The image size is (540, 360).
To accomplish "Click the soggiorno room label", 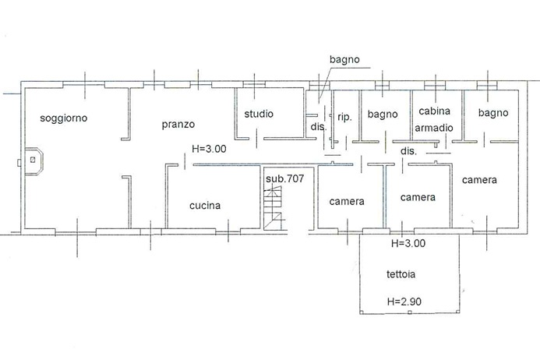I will click(65, 118).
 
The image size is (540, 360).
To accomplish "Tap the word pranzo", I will click(178, 124).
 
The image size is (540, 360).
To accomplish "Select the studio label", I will click(259, 114).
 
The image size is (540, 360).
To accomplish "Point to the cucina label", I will click(205, 206).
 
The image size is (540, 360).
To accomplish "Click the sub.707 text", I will click(284, 178).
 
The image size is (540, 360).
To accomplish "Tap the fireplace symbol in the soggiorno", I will click(33, 160).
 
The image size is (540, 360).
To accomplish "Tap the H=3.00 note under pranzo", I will click(208, 150).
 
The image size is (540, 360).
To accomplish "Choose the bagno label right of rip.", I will click(383, 115).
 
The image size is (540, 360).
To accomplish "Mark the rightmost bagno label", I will click(492, 113).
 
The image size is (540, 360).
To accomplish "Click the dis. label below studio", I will click(318, 126).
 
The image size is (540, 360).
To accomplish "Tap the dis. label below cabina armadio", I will click(408, 150).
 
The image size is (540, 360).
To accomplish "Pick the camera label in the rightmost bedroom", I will click(479, 180).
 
